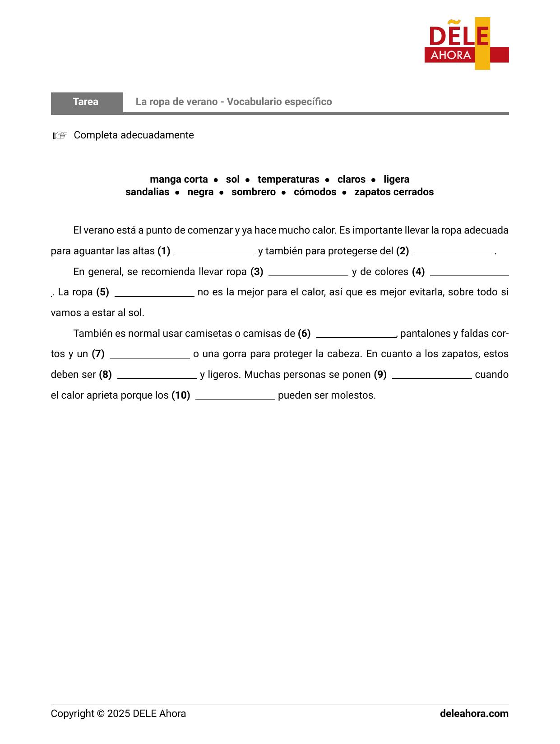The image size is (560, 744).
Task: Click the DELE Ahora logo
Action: pyautogui.click(x=466, y=44)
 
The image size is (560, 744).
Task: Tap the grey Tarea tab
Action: pyautogui.click(x=86, y=102)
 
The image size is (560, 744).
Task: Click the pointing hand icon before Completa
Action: pyautogui.click(x=60, y=135)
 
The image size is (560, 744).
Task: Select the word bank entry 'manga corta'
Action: pyautogui.click(x=179, y=179)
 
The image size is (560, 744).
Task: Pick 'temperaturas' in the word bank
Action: pyautogui.click(x=288, y=179)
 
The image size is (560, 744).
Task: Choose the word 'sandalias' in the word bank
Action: pyautogui.click(x=147, y=192)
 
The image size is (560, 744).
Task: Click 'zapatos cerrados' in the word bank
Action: pyautogui.click(x=393, y=192)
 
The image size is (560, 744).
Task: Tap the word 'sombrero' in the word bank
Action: pyautogui.click(x=253, y=192)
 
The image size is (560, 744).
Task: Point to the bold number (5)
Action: pyautogui.click(x=102, y=292)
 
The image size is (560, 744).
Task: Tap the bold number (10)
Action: pyautogui.click(x=180, y=395)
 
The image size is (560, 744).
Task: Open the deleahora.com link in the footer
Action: pyautogui.click(x=474, y=714)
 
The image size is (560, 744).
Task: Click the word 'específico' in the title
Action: pyautogui.click(x=310, y=102)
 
